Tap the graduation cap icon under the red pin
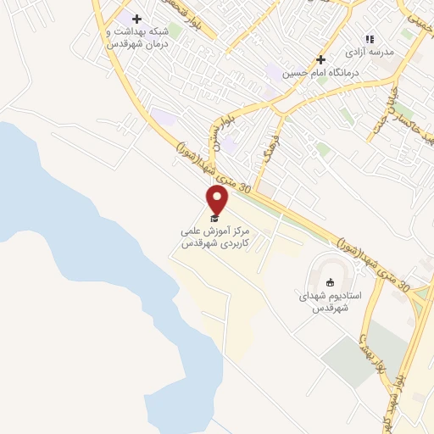pos(213,218)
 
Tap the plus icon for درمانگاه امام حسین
pos(320,60)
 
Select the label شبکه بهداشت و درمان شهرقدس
pos(135,38)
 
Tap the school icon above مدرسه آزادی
pos(369,39)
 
